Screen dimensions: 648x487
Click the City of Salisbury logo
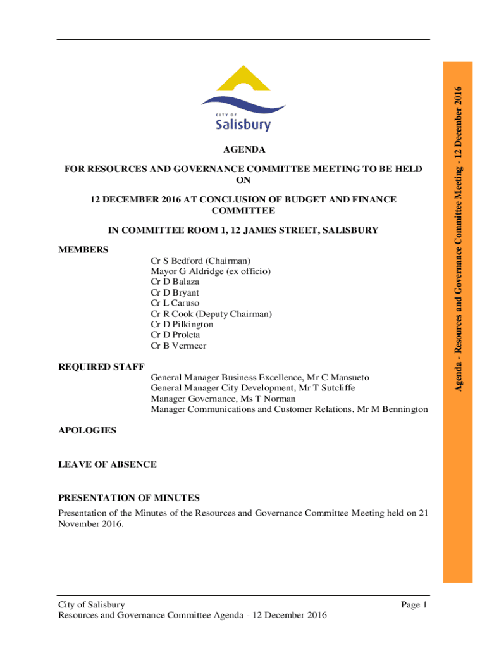click(244, 98)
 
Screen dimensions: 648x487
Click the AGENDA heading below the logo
click(244, 150)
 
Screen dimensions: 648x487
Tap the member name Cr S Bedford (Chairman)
click(200, 261)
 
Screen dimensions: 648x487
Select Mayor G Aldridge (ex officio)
click(211, 271)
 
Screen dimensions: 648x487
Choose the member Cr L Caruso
click(175, 303)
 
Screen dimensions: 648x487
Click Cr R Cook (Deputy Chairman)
click(211, 314)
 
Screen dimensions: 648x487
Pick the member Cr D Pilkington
click(182, 325)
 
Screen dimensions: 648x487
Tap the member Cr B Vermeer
click(178, 346)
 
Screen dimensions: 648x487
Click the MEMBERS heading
click(83, 250)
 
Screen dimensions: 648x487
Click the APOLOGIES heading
click(87, 430)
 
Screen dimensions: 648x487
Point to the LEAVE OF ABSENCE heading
click(108, 464)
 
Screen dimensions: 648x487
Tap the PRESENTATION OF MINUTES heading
click(129, 498)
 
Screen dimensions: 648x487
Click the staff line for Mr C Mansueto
click(259, 378)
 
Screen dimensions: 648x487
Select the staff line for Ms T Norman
click(223, 399)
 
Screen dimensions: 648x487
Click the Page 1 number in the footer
click(414, 605)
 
